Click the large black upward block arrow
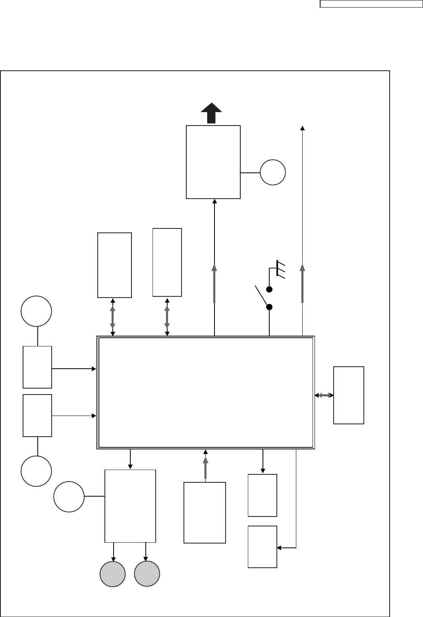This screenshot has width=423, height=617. (211, 113)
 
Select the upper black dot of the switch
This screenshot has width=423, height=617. (269, 289)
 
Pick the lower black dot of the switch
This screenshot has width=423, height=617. (269, 307)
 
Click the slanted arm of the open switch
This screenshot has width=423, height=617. (261, 296)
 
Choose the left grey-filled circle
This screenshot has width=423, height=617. (113, 574)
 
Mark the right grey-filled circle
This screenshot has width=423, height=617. (147, 574)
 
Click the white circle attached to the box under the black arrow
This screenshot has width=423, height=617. (273, 172)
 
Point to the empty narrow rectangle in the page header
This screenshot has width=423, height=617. (371, 4)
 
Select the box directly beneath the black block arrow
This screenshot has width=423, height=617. (213, 162)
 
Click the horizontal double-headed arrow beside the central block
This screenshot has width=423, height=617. (324, 395)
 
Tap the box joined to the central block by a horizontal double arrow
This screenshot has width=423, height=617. (349, 395)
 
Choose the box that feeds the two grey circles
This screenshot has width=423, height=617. (130, 506)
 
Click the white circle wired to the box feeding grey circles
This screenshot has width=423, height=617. (69, 496)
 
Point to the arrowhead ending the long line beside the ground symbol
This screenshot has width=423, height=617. (303, 128)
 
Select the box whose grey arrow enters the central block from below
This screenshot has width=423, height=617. (205, 513)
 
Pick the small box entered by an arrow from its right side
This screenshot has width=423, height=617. (262, 547)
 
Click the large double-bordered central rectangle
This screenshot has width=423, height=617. (206, 393)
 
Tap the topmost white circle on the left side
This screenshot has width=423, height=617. (37, 311)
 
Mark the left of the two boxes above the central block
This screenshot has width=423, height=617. (114, 265)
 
